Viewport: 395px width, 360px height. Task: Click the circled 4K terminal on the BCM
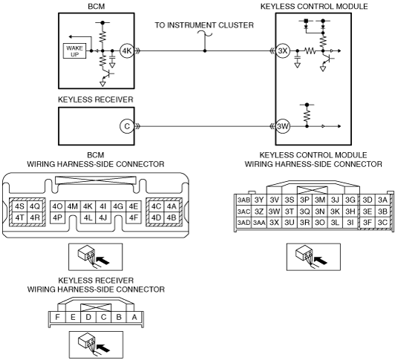127,51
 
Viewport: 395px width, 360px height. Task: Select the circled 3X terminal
283,51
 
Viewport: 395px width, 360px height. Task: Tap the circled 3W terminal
283,126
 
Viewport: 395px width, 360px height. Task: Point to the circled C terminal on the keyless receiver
127,126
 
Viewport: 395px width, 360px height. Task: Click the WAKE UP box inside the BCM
74,51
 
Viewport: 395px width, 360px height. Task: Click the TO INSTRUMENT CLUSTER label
204,25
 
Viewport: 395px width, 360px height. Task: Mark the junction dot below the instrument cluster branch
205,51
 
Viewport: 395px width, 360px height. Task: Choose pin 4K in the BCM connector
88,206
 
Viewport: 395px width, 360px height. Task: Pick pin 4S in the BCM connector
19,206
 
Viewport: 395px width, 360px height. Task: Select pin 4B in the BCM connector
172,217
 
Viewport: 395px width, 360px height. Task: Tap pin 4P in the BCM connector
58,217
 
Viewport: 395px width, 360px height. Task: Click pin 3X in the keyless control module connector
274,223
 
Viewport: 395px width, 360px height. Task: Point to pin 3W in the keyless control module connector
274,211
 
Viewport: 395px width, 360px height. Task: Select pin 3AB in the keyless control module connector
244,200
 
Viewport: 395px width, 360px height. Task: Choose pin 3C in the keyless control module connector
382,223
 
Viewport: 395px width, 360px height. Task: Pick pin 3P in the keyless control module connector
304,200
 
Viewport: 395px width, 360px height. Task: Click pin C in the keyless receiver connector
103,317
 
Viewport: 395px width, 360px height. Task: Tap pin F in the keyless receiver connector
57,317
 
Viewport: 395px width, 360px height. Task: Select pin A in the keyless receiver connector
134,317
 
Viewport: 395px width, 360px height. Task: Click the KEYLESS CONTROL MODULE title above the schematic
314,6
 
